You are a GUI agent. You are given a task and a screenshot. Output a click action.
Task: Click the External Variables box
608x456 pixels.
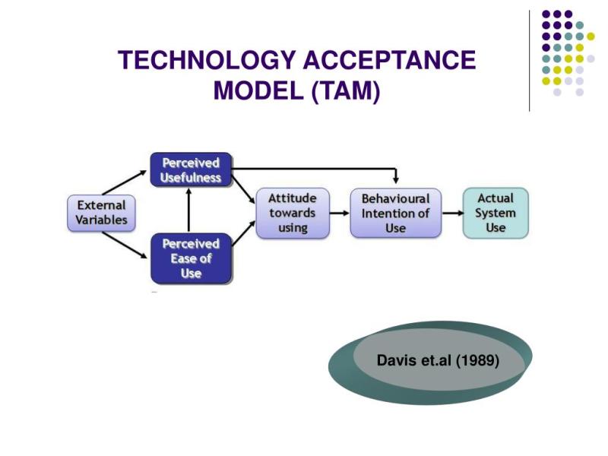101,213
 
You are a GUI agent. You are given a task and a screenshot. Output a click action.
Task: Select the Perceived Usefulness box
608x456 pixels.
191,169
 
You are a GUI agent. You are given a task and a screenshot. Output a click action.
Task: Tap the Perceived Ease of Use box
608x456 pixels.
191,258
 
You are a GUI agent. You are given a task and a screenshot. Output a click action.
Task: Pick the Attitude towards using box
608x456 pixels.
293,213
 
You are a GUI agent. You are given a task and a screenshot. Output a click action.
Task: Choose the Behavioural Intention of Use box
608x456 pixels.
395,213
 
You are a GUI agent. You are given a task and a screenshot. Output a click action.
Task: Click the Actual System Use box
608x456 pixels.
496,213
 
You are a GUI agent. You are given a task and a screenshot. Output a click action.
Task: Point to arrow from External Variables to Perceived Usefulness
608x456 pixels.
125,182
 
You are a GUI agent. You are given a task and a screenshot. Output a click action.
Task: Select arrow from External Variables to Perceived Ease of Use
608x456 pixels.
125,245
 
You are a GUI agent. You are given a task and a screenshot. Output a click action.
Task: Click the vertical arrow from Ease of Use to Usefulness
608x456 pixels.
188,210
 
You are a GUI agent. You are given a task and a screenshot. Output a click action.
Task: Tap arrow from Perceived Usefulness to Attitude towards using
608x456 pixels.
243,189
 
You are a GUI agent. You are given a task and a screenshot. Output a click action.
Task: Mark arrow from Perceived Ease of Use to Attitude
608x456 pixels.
243,233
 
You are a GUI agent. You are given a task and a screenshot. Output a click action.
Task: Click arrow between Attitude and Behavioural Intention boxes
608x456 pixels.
340,213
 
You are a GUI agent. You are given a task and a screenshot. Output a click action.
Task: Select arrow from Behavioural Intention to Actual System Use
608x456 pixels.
452,213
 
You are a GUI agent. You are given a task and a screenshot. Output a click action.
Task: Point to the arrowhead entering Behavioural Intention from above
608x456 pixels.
395,180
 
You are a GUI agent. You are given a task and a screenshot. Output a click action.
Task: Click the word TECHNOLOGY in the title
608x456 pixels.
207,60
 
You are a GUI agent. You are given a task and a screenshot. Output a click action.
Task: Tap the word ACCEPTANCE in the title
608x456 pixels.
389,60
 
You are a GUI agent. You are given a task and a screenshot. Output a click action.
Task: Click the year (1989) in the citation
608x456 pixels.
477,360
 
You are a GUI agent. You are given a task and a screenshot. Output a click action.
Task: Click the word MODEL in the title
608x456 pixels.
258,91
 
